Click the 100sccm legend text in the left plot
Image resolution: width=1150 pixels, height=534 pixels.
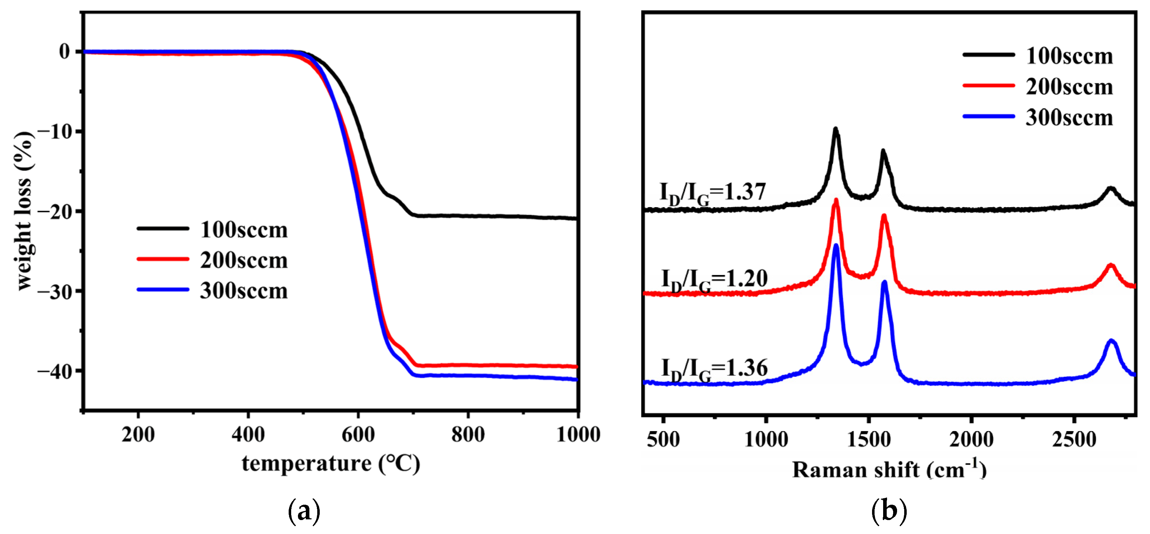[244, 230]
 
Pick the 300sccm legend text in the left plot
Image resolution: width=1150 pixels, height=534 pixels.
[244, 291]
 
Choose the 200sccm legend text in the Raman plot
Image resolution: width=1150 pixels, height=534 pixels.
[1069, 87]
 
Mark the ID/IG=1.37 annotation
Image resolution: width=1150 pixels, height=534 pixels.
[713, 193]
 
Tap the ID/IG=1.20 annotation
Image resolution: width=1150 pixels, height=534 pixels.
[714, 280]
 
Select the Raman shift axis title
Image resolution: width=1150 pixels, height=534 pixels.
[889, 470]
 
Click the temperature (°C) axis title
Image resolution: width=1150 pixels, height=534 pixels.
[331, 464]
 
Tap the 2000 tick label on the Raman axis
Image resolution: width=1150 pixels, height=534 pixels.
[971, 439]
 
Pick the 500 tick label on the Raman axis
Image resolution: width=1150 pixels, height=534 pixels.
[663, 439]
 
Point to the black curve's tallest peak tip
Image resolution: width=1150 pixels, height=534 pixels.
[835, 129]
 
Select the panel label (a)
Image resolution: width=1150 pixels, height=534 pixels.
[304, 511]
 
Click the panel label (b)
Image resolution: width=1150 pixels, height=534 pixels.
[889, 511]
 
